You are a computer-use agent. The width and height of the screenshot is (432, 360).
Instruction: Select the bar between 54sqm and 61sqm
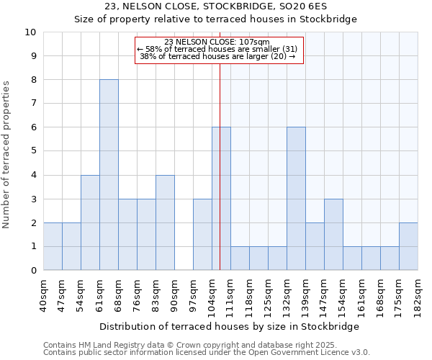(x=90, y=222)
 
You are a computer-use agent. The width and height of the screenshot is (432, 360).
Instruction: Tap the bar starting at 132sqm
(x=296, y=199)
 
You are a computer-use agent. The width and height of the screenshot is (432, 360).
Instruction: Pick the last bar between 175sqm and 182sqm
(x=408, y=246)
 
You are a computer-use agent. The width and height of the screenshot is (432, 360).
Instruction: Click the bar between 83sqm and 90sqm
(x=165, y=222)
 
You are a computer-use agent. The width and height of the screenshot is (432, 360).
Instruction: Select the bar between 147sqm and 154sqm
(x=333, y=235)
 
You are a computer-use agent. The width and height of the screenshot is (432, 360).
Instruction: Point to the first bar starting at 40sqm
(x=53, y=246)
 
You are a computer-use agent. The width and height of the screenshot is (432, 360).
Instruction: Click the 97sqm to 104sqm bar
(x=202, y=235)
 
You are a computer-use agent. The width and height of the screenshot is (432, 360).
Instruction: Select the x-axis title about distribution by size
(x=228, y=326)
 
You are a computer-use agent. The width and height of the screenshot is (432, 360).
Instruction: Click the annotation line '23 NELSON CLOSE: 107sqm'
(x=217, y=42)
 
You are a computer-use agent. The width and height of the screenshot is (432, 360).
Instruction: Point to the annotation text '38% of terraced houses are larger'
(x=217, y=56)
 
